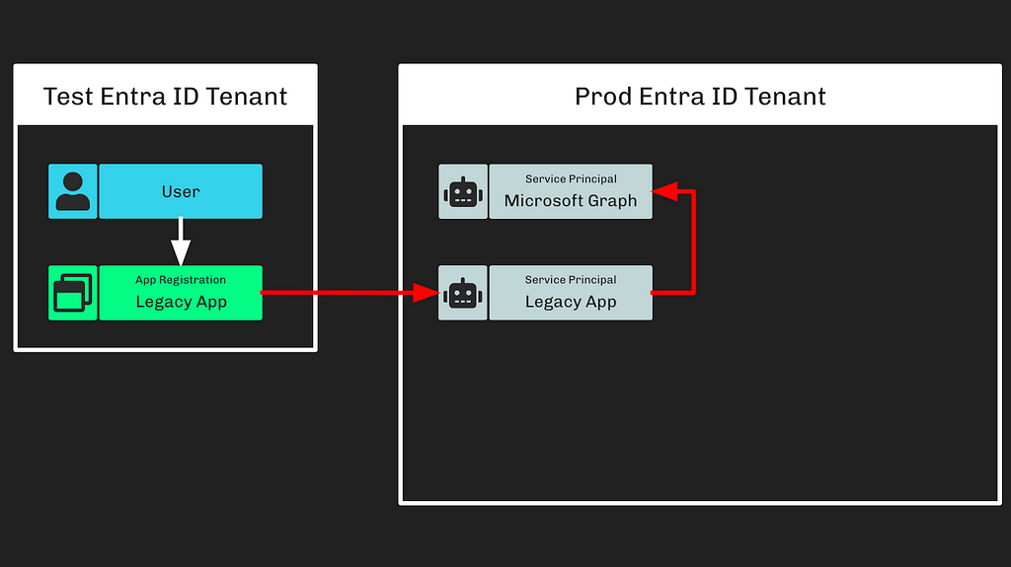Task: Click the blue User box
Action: click(x=181, y=191)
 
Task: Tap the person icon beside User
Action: click(x=73, y=191)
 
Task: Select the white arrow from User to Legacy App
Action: click(x=181, y=242)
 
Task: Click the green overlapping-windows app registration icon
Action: click(x=73, y=293)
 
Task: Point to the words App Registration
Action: click(x=181, y=280)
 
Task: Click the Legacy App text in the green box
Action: click(x=182, y=302)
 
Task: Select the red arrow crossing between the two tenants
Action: click(x=350, y=293)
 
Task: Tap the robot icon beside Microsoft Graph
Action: click(x=463, y=192)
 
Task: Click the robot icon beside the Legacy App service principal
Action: click(x=463, y=293)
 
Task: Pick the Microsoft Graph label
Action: click(x=571, y=200)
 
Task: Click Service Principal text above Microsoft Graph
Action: click(x=571, y=178)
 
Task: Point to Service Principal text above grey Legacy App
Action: click(x=571, y=280)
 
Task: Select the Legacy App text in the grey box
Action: click(x=571, y=302)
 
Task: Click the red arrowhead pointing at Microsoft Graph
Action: click(x=664, y=191)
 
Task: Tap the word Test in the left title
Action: click(x=68, y=97)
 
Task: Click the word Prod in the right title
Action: click(x=602, y=97)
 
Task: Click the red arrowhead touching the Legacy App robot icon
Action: click(x=427, y=293)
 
